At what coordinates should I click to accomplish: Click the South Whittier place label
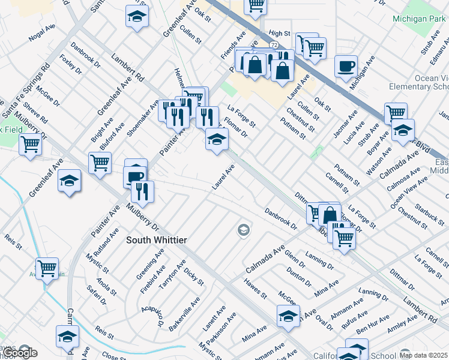[x=157, y=240]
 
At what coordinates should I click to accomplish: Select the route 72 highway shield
[x=273, y=45]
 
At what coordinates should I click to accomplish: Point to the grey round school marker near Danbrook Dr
[x=243, y=230]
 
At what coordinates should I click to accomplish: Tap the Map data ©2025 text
[x=424, y=355]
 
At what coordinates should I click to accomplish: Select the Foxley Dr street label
[x=71, y=65]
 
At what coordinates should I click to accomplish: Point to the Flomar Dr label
[x=235, y=128]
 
